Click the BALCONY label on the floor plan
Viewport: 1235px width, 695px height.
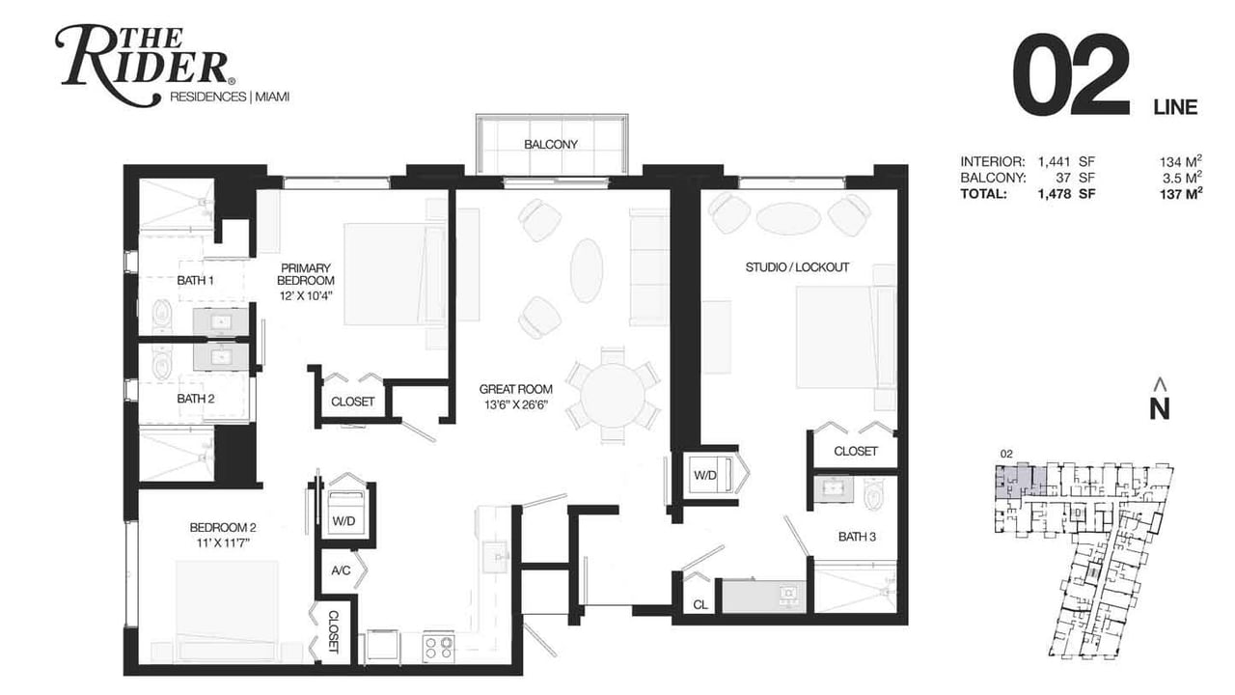pyautogui.click(x=550, y=145)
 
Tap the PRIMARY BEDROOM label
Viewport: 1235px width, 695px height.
pyautogui.click(x=306, y=274)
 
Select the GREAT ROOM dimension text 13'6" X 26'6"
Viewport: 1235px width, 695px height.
pyautogui.click(x=515, y=404)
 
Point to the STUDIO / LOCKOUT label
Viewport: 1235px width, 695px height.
pyautogui.click(x=797, y=267)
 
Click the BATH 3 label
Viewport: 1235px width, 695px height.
pyautogui.click(x=857, y=537)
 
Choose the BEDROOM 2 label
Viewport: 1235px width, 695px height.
pyautogui.click(x=223, y=528)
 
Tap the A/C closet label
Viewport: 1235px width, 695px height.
pyautogui.click(x=341, y=570)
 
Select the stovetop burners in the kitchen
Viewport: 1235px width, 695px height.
pyautogui.click(x=438, y=648)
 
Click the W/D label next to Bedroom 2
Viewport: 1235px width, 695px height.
pyautogui.click(x=343, y=521)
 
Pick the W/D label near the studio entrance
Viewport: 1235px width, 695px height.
pyautogui.click(x=704, y=476)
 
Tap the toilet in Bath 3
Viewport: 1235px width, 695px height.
pyautogui.click(x=874, y=494)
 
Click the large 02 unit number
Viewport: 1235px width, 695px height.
pyautogui.click(x=1071, y=74)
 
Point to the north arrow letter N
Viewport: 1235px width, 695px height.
pyautogui.click(x=1160, y=409)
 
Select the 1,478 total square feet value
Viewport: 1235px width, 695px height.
pyautogui.click(x=1055, y=194)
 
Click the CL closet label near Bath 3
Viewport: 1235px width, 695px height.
pyautogui.click(x=700, y=605)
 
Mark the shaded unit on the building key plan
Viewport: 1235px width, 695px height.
pyautogui.click(x=1020, y=481)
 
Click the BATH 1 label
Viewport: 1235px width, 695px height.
pyautogui.click(x=195, y=281)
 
